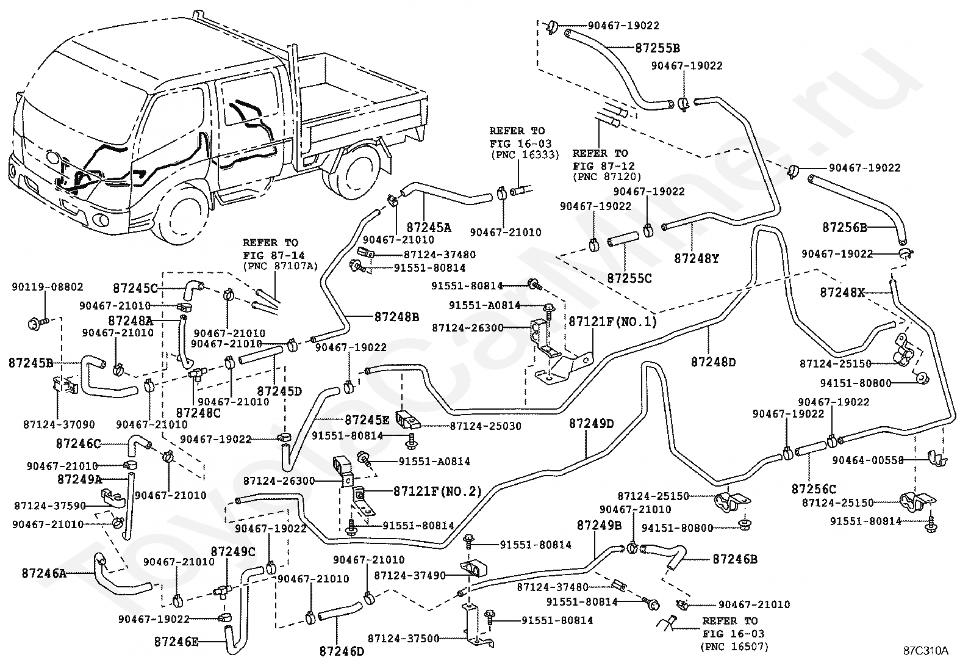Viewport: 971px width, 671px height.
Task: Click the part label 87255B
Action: click(657, 48)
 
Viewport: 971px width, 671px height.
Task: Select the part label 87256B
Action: click(844, 227)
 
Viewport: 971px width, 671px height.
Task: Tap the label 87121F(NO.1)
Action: click(612, 322)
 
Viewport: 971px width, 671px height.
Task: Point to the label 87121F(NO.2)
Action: click(437, 491)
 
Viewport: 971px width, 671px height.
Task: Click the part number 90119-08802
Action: click(47, 287)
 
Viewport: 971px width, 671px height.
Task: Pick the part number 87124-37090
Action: click(59, 424)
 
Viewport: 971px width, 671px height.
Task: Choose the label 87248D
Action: click(713, 361)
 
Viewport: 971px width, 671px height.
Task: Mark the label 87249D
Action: click(591, 424)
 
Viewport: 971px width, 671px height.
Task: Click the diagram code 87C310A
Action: click(925, 651)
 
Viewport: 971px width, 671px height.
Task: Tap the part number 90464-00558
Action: click(868, 460)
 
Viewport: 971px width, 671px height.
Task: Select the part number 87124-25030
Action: click(486, 426)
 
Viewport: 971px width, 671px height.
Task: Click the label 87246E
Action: click(176, 641)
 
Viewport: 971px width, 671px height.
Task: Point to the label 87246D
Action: click(342, 651)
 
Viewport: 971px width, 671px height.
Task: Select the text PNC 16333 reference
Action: click(525, 155)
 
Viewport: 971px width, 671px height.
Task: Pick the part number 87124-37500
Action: click(404, 639)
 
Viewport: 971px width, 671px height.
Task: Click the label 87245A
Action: click(429, 227)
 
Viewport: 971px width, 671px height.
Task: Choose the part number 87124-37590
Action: click(50, 506)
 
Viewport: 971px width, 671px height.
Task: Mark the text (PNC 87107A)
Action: click(281, 266)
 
